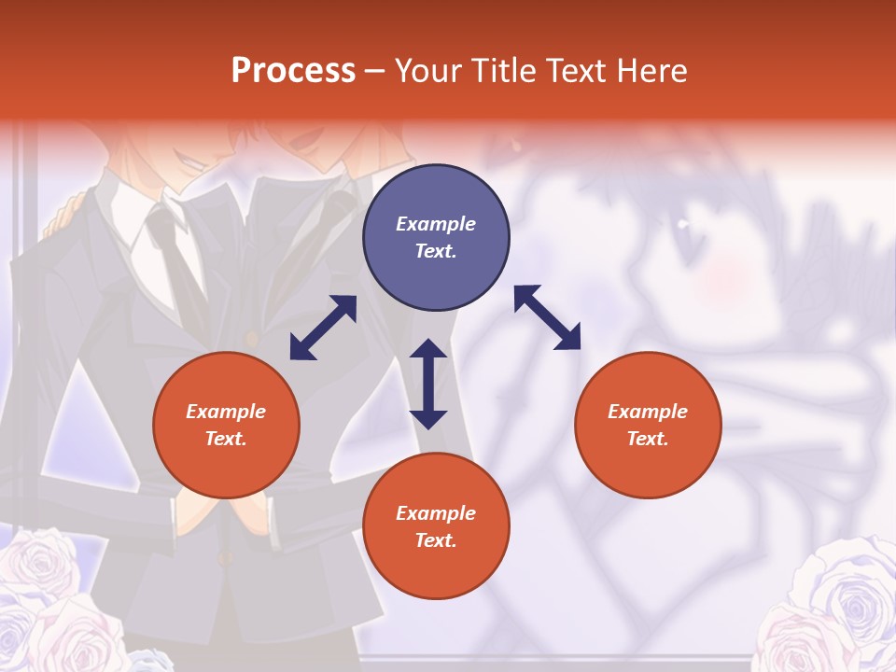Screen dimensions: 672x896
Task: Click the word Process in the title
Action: click(293, 71)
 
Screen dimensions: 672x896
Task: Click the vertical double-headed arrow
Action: click(428, 384)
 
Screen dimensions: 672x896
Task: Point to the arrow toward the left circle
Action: click(323, 328)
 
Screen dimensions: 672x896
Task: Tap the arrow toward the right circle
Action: click(547, 317)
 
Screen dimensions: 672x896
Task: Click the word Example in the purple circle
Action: click(436, 224)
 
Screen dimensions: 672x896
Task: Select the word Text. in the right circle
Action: click(648, 439)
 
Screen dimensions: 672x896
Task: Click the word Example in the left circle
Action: click(226, 412)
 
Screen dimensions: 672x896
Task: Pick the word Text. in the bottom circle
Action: click(436, 540)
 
